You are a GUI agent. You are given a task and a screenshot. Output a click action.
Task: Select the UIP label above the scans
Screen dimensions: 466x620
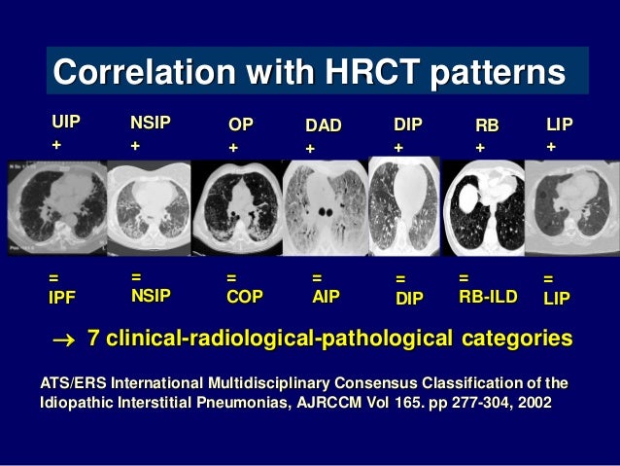(66, 122)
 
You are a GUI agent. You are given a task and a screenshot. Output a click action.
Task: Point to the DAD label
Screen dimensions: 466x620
(324, 125)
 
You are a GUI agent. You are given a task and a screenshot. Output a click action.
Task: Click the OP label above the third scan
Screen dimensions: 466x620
(240, 125)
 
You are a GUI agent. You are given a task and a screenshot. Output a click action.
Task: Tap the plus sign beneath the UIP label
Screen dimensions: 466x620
(56, 144)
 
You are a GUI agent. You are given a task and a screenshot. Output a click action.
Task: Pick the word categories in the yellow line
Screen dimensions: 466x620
(514, 339)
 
